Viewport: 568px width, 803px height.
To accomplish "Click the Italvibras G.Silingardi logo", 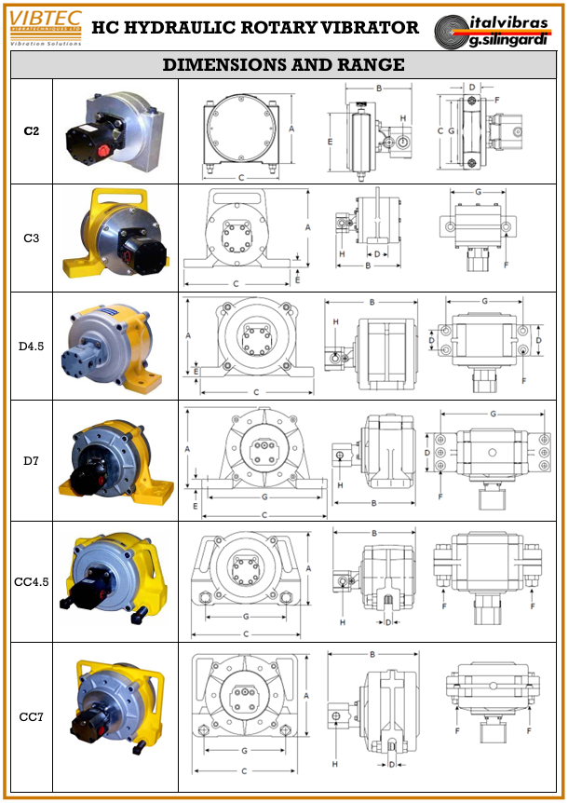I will click(498, 27).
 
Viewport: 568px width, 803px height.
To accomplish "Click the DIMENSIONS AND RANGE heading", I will click(283, 64).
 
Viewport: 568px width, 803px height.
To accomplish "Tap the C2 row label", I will click(31, 131).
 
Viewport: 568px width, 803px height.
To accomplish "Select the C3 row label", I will click(31, 238).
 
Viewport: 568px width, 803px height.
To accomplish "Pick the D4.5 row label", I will click(31, 347).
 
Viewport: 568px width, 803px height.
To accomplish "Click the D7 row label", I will click(31, 459).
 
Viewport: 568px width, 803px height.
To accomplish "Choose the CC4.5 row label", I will click(31, 582).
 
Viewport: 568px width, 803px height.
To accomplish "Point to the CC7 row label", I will click(31, 716).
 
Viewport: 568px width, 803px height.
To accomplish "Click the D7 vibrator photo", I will click(115, 459).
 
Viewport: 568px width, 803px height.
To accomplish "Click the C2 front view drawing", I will click(242, 130).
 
